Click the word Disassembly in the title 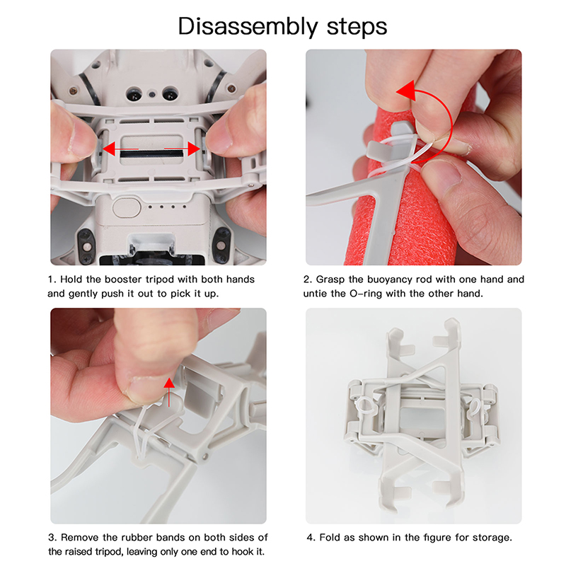click(x=248, y=27)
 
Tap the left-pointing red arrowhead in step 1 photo click(x=109, y=149)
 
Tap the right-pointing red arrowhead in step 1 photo click(x=194, y=149)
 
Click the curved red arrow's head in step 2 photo click(x=405, y=91)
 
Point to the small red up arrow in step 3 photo click(x=169, y=392)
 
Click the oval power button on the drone click(x=127, y=208)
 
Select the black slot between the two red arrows click(x=151, y=154)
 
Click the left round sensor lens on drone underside click(x=134, y=95)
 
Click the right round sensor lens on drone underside click(x=170, y=94)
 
